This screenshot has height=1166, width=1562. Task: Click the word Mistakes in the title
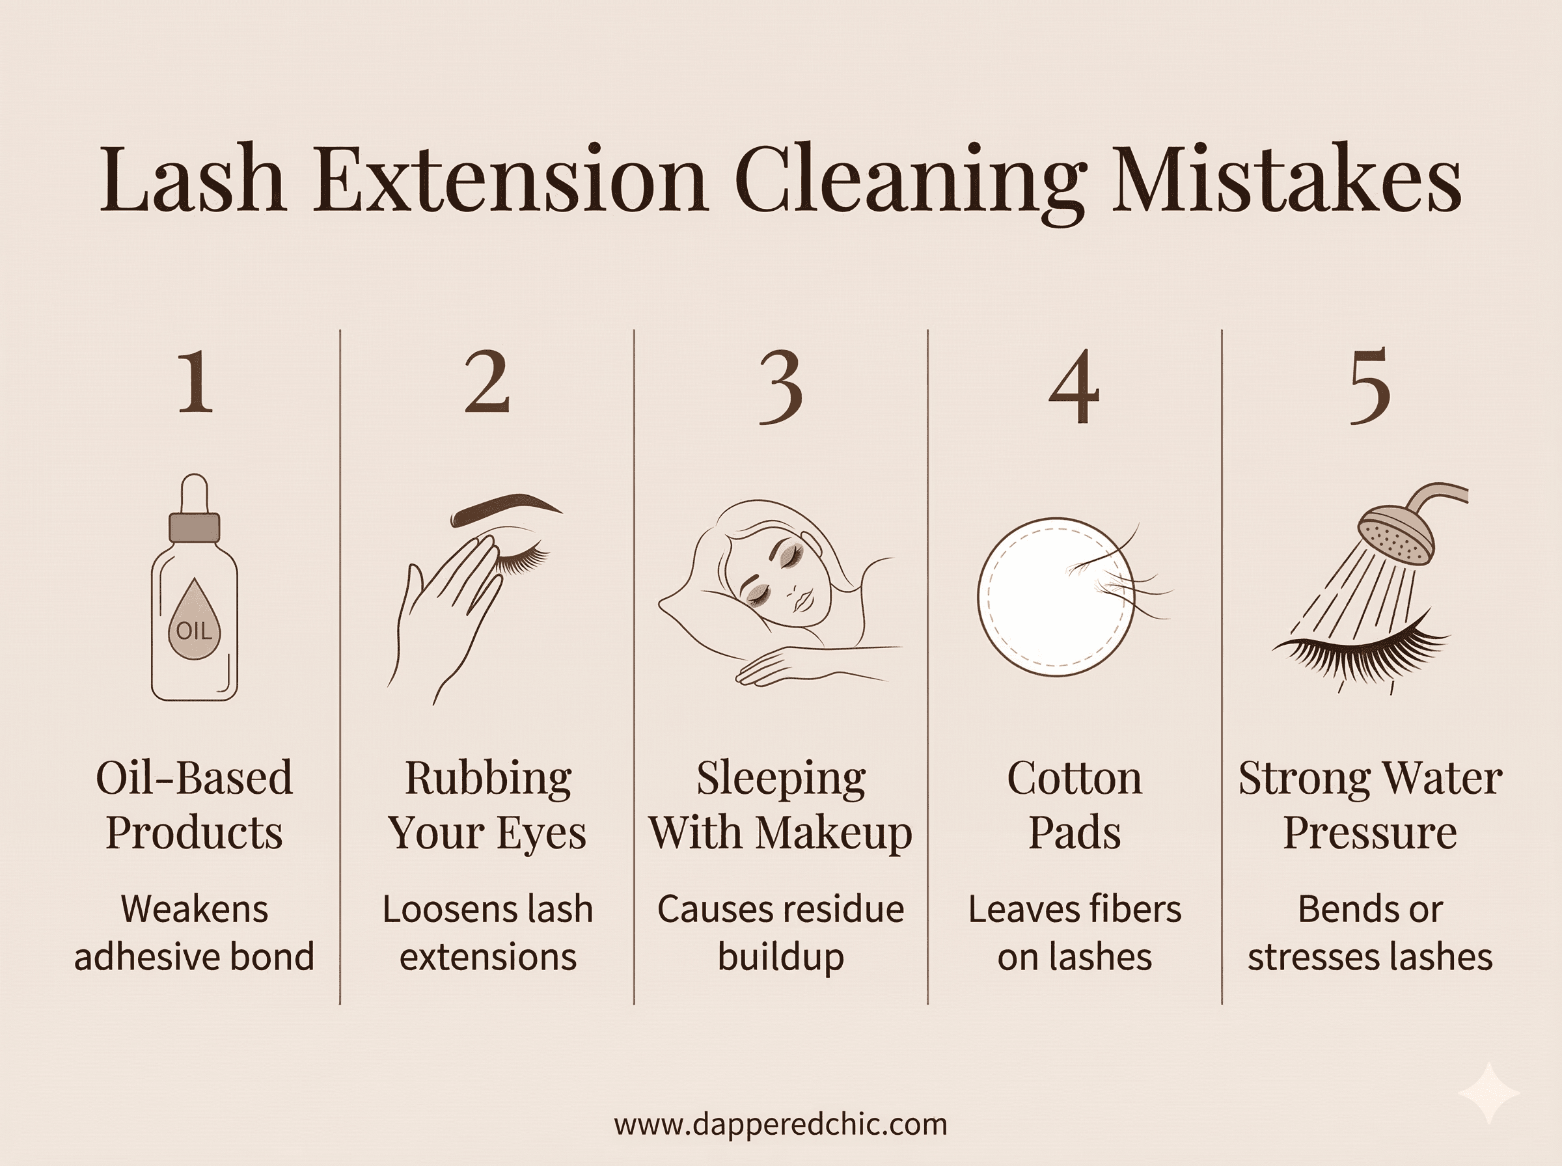click(x=1286, y=180)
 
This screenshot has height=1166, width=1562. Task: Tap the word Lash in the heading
click(x=192, y=180)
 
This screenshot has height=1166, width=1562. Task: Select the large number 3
click(x=780, y=388)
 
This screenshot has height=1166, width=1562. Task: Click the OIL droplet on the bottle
click(x=194, y=622)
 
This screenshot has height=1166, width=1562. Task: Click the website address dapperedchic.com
click(x=780, y=1124)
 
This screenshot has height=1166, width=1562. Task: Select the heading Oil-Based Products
click(x=194, y=805)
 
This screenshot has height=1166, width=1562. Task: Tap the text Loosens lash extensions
click(x=487, y=932)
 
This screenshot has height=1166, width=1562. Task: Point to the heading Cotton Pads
click(x=1075, y=805)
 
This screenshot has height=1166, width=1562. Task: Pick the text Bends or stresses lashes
click(x=1369, y=932)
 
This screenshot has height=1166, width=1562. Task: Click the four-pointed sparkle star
click(x=1489, y=1092)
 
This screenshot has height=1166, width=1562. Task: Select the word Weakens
click(x=194, y=908)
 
